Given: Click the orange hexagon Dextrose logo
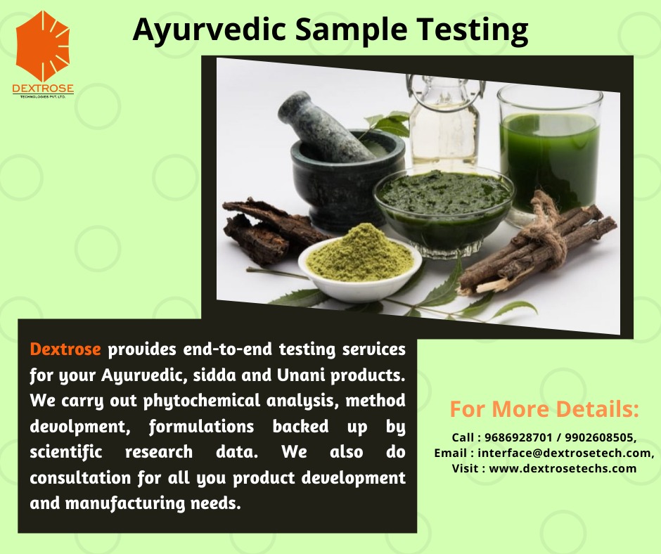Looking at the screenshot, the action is click(x=43, y=46).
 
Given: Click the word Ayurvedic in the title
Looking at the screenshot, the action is click(x=209, y=30).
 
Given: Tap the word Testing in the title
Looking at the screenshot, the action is click(x=473, y=30).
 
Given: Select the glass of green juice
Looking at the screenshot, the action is click(x=550, y=152).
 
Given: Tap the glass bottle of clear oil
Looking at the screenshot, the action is click(x=444, y=122).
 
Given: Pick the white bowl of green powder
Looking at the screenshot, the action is click(x=359, y=264).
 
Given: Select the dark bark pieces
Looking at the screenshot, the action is click(x=270, y=230).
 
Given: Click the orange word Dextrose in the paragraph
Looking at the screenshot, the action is click(x=65, y=349).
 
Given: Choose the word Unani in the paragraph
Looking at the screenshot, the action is click(x=300, y=375).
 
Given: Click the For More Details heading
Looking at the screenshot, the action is click(x=544, y=409).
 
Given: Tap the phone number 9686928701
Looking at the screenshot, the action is click(x=518, y=437).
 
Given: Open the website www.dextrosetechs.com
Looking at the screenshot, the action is click(x=563, y=468).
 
